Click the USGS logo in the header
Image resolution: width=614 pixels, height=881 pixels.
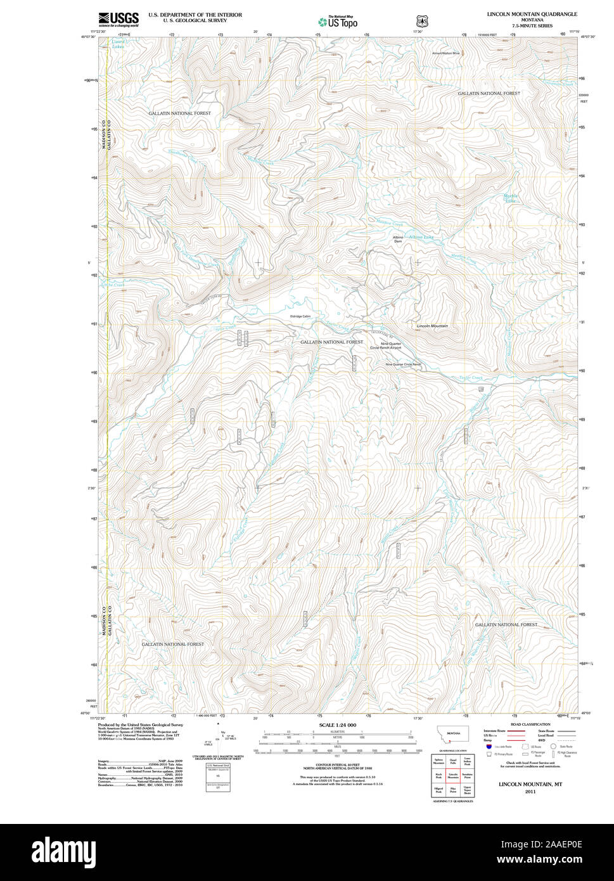pos(118,18)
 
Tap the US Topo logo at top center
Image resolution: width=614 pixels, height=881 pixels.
pos(337,22)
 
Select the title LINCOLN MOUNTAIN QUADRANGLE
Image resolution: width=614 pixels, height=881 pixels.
pos(532,13)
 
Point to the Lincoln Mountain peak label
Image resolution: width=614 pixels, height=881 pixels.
pos(432,326)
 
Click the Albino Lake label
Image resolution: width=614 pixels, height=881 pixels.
pos(421,237)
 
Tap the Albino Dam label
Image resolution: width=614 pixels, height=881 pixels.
pos(398,240)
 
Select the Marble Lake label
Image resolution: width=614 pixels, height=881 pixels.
pos(510,198)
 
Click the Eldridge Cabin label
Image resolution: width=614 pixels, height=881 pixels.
pos(300,316)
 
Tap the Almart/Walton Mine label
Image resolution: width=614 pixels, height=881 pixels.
pos(446,53)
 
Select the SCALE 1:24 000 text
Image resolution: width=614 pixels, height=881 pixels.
pos(337,725)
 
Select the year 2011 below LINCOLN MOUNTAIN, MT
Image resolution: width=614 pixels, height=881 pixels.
pos(530,792)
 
